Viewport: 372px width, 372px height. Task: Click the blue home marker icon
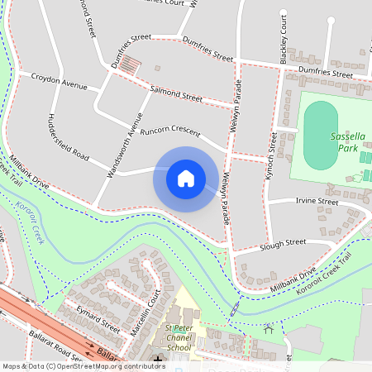186,179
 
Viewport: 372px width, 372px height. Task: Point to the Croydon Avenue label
59,84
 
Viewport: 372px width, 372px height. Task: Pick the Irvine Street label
316,201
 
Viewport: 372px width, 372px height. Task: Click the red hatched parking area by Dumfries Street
131,64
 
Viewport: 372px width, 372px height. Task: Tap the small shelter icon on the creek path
268,330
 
